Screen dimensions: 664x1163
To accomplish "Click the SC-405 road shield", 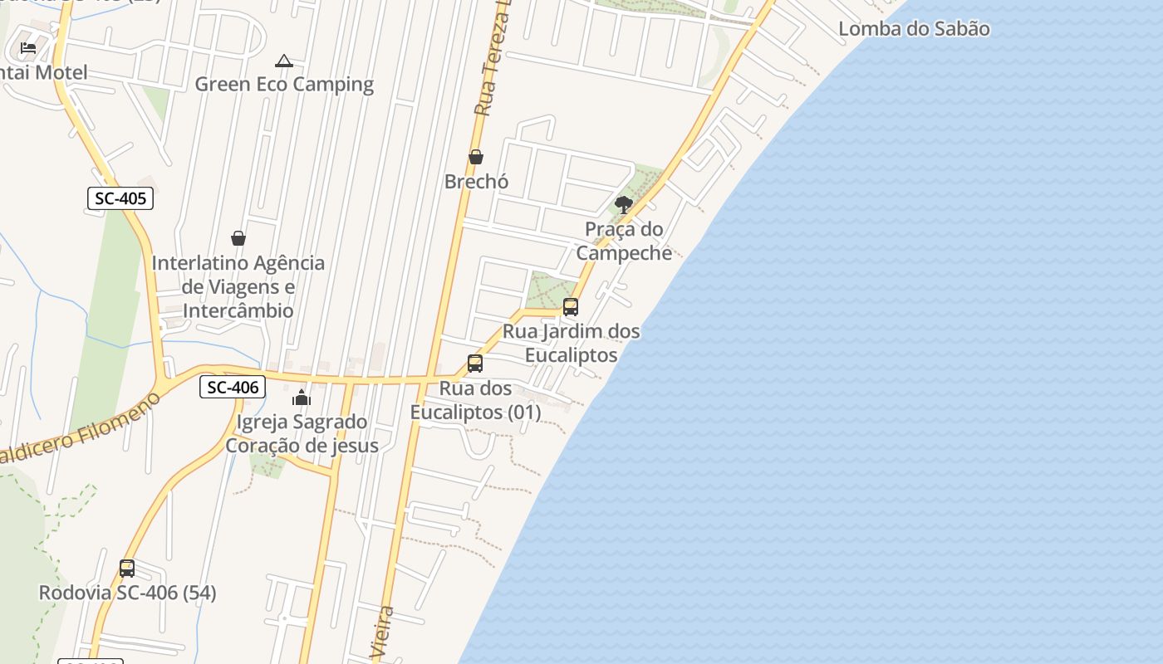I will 120,198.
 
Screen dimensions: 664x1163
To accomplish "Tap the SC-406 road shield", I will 233,387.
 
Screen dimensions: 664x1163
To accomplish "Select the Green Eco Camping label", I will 284,84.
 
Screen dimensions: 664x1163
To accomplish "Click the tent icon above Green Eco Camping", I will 284,61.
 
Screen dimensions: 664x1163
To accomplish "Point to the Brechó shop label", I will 476,181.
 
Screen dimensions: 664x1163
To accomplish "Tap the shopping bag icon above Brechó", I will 476,157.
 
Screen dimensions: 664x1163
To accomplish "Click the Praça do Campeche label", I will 624,241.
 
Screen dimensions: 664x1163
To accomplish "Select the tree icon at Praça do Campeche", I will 624,204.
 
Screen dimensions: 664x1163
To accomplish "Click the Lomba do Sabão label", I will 914,29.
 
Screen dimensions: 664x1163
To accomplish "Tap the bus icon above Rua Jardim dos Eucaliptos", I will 571,307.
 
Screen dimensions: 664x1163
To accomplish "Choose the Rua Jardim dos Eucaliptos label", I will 572,343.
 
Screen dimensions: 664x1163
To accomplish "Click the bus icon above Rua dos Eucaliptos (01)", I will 475,364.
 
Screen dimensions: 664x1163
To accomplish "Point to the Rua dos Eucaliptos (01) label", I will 475,400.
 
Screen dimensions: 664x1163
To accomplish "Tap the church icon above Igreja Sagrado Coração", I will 302,398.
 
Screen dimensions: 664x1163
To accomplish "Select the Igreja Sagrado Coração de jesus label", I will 302,433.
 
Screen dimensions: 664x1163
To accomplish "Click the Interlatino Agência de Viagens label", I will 238,286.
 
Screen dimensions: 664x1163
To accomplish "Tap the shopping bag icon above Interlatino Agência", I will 238,239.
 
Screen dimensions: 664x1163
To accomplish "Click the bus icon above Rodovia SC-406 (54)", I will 127,569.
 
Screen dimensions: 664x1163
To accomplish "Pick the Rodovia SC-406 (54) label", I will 127,593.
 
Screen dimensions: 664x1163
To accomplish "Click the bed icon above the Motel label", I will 28,48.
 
